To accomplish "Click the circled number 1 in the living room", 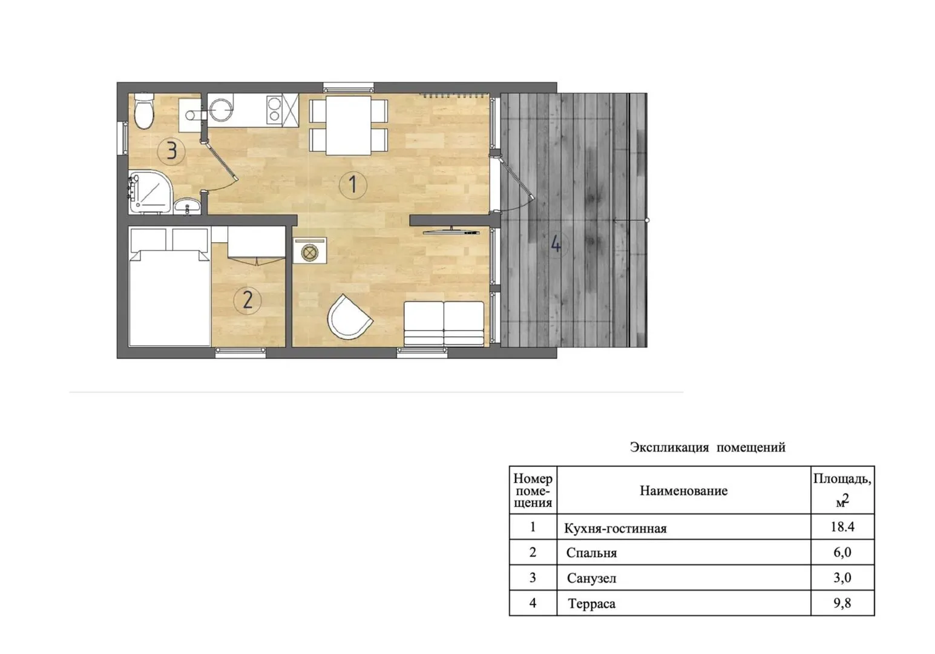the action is pyautogui.click(x=353, y=185).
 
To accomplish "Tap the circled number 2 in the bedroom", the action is pyautogui.click(x=248, y=300).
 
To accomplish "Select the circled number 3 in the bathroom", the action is pyautogui.click(x=171, y=150).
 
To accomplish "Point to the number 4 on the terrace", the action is pyautogui.click(x=556, y=243).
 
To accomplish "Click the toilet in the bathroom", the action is pyautogui.click(x=144, y=111).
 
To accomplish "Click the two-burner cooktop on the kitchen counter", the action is pyautogui.click(x=274, y=110).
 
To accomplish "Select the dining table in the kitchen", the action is pyautogui.click(x=349, y=125).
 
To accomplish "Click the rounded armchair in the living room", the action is pyautogui.click(x=349, y=317).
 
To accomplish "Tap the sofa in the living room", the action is pyautogui.click(x=444, y=323).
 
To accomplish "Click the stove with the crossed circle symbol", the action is pyautogui.click(x=309, y=253).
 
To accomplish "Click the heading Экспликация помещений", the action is pyautogui.click(x=707, y=448).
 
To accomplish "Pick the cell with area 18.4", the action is pyautogui.click(x=842, y=527).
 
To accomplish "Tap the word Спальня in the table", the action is pyautogui.click(x=591, y=553).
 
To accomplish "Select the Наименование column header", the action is pyautogui.click(x=684, y=490).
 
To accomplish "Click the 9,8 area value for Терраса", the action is pyautogui.click(x=842, y=603).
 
